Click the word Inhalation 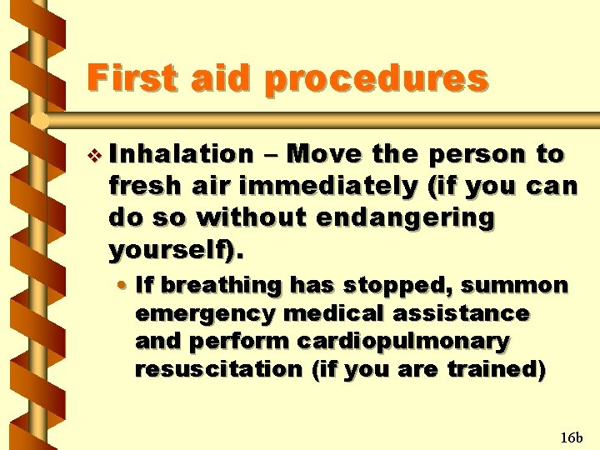(x=181, y=154)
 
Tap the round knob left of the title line (x=39, y=122)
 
